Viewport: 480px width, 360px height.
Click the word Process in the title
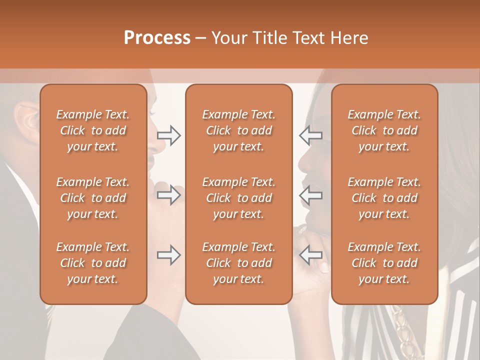coord(157,38)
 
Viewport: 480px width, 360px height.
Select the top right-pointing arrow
coord(169,135)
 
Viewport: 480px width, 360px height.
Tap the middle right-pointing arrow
coord(169,195)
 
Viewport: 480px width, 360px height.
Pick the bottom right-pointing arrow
coord(169,255)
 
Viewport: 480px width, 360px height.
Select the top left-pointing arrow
coord(310,135)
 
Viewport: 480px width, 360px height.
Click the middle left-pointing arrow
coord(310,195)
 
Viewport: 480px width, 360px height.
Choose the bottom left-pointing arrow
coord(310,255)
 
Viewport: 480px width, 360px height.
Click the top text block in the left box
coord(93,130)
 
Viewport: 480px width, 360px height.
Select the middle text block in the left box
coord(93,198)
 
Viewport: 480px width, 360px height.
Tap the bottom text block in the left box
coord(93,263)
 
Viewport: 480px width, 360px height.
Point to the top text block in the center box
coord(239,130)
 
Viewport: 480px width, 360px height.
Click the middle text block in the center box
coord(239,198)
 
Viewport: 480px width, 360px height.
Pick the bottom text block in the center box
coord(239,263)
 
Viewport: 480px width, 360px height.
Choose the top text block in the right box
coord(384,130)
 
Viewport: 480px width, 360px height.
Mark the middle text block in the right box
coord(384,198)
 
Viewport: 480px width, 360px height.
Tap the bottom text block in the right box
coord(384,263)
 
